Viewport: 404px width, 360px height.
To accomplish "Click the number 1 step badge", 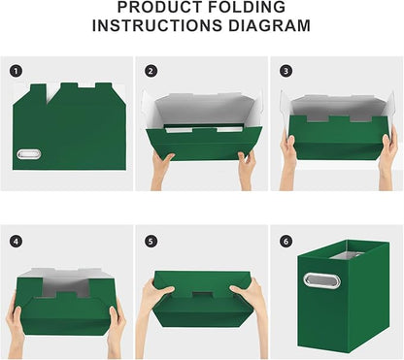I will (x=16, y=71).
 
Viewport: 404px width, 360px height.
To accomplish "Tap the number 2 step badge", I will (x=151, y=71).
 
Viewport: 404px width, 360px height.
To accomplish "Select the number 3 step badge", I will (x=286, y=71).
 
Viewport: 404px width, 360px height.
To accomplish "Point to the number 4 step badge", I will (x=16, y=240).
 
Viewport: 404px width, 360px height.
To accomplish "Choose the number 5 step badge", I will (x=151, y=240).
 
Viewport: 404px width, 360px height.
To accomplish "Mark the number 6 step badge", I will (x=286, y=240).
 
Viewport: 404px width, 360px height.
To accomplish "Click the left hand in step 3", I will (x=288, y=151).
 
